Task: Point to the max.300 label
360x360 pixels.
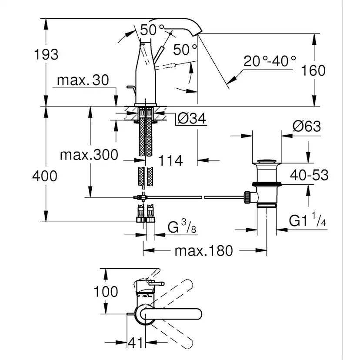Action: click(x=89, y=154)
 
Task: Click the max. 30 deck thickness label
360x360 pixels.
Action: click(x=83, y=80)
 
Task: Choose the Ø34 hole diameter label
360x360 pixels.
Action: click(x=192, y=118)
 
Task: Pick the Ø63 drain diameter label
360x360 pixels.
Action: click(x=307, y=126)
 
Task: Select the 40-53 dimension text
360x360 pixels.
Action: click(x=310, y=175)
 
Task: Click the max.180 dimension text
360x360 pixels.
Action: click(x=203, y=250)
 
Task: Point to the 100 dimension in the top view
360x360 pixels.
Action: click(x=106, y=291)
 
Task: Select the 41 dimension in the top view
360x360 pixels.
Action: click(x=135, y=343)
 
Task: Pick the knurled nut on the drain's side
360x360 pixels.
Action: click(x=247, y=197)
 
